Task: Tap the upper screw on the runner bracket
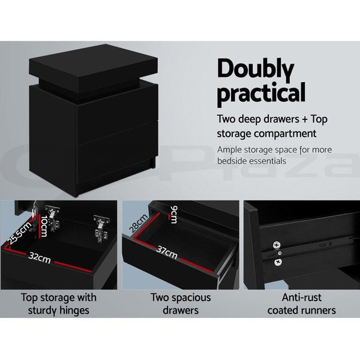click(277, 245)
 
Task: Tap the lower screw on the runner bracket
click(278, 262)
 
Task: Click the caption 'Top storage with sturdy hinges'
click(59, 304)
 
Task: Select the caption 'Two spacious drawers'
click(180, 304)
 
